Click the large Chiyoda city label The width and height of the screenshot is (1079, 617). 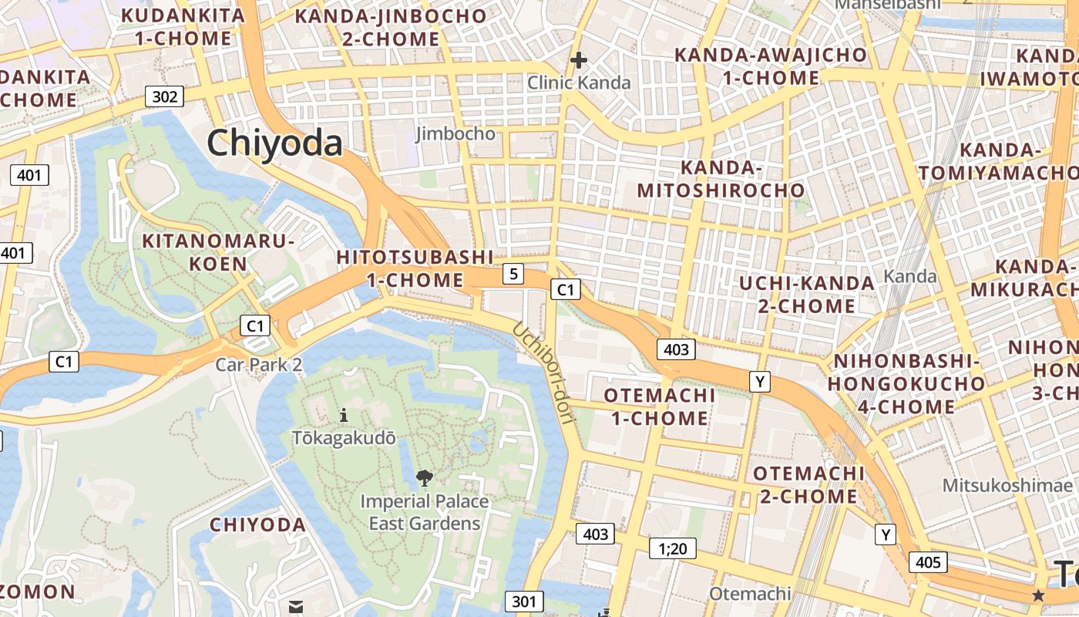[274, 143]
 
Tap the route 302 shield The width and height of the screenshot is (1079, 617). [165, 96]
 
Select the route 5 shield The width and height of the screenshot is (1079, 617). [513, 273]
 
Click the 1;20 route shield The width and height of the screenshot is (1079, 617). [672, 548]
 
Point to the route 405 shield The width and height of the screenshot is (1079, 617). [928, 562]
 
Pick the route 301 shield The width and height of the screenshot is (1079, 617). [524, 602]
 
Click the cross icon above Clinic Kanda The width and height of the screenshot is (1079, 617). [578, 60]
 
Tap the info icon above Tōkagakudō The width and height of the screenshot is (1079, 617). [344, 416]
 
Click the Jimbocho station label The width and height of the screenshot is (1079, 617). [455, 133]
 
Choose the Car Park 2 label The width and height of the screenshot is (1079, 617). [259, 364]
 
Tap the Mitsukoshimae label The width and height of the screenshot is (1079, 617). [1008, 485]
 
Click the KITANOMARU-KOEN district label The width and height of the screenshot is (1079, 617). [219, 252]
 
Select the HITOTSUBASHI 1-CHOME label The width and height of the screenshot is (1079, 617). [415, 268]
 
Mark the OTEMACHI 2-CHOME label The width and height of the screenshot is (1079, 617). [808, 484]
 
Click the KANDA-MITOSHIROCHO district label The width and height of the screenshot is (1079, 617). [721, 179]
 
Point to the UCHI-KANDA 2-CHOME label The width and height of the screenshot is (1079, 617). [807, 294]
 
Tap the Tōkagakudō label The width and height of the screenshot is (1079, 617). [344, 438]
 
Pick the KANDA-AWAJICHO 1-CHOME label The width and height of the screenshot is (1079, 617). [771, 66]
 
